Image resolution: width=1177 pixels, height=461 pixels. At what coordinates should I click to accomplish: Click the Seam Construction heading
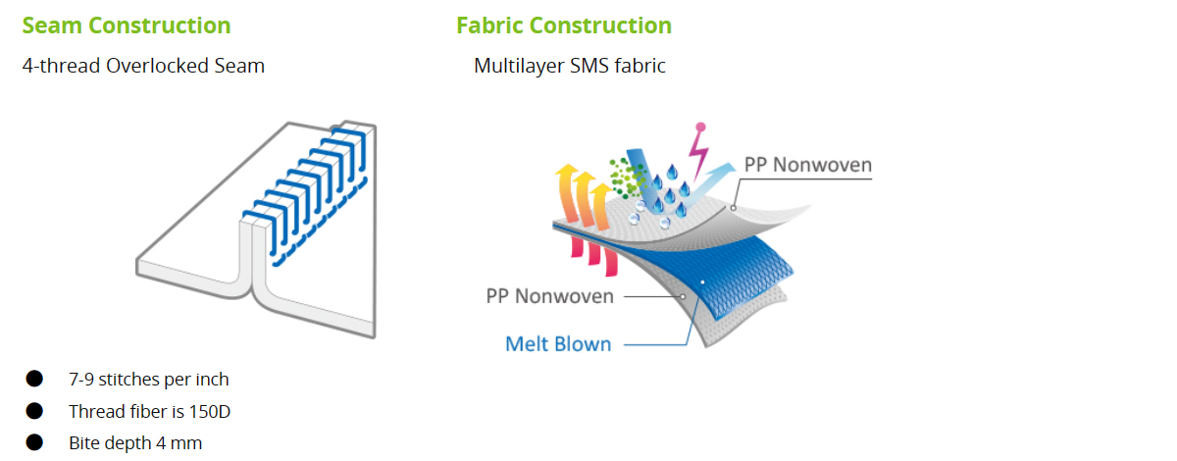[x=127, y=26]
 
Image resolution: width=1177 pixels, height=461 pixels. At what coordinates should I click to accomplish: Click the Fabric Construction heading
[x=564, y=26]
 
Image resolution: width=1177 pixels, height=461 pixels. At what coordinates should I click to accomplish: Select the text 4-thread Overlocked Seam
[x=143, y=66]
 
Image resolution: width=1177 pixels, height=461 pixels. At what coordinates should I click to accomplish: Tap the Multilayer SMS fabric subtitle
[x=570, y=66]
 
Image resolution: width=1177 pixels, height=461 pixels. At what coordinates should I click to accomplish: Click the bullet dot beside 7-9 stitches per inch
[x=34, y=379]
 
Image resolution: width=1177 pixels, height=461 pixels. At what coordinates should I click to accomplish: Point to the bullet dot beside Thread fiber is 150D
[x=34, y=411]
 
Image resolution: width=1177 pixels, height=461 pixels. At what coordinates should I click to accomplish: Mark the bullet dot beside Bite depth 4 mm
[x=34, y=442]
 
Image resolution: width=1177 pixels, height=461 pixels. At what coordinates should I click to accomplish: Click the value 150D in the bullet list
[x=209, y=412]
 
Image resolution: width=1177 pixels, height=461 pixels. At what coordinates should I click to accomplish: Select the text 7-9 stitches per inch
[x=149, y=380]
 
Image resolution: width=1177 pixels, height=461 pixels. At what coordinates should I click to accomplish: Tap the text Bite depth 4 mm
[x=135, y=443]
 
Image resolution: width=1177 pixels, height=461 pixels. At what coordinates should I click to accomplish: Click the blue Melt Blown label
[x=558, y=344]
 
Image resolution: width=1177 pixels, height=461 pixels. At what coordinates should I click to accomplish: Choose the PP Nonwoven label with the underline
[x=808, y=165]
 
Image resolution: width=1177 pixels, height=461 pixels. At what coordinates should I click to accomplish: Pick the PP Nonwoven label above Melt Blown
[x=549, y=296]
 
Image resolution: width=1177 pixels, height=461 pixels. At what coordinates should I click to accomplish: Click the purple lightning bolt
[x=698, y=153]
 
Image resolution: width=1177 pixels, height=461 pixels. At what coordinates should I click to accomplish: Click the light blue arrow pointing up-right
[x=707, y=184]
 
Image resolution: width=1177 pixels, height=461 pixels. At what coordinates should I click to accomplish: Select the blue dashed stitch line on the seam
[x=320, y=223]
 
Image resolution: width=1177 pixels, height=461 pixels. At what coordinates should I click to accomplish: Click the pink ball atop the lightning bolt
[x=700, y=127]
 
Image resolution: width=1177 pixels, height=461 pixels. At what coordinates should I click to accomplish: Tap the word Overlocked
[x=160, y=66]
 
